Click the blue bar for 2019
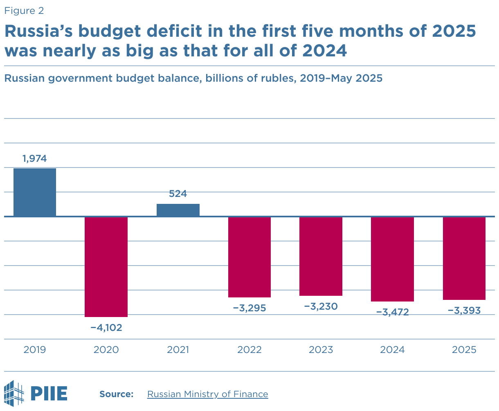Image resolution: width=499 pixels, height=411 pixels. [x=35, y=192]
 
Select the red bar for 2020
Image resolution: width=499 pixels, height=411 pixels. [x=106, y=267]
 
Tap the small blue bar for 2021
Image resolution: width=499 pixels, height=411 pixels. [x=178, y=210]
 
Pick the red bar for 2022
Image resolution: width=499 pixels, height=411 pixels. [x=249, y=257]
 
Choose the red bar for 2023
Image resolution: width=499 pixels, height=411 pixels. [x=321, y=256]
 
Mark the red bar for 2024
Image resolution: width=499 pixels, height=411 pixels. [x=393, y=259]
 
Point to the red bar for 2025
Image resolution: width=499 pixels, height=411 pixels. [x=464, y=258]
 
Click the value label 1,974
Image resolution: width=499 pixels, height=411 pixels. [x=35, y=159]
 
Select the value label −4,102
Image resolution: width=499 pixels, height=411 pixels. [x=106, y=327]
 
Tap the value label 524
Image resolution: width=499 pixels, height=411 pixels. [x=178, y=194]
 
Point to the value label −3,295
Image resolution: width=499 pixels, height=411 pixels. [x=249, y=308]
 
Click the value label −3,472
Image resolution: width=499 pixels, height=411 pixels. [x=393, y=313]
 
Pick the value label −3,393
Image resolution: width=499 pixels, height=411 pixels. [x=464, y=310]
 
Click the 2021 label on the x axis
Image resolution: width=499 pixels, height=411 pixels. [x=178, y=350]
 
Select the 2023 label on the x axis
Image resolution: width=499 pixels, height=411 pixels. [x=321, y=350]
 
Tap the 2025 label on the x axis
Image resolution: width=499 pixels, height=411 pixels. [x=464, y=350]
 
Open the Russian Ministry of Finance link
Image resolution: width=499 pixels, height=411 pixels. [x=207, y=394]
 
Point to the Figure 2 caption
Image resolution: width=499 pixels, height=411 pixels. [x=24, y=11]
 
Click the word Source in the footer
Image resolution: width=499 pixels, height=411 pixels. [x=117, y=394]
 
